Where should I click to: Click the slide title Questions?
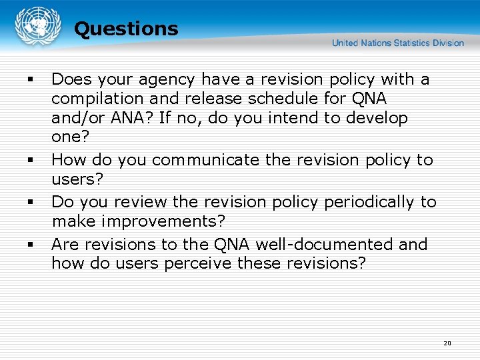(x=126, y=29)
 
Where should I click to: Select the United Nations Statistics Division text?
(x=397, y=43)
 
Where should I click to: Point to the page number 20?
(x=447, y=343)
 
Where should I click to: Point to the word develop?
(x=373, y=119)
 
